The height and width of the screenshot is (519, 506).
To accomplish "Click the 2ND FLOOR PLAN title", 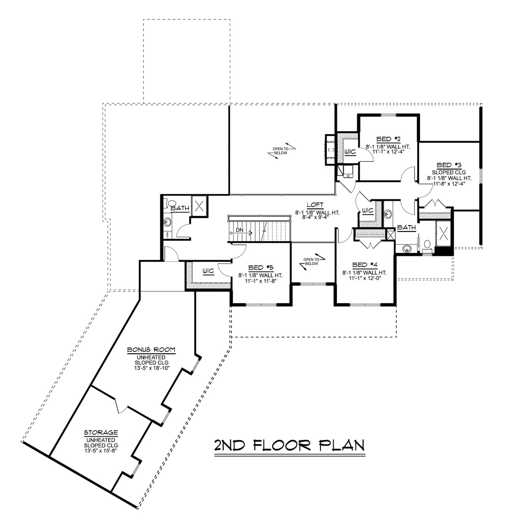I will coord(289,445).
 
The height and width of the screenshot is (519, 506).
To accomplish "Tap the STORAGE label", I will coord(101,433).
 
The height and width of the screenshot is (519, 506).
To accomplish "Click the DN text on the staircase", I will coord(239,231).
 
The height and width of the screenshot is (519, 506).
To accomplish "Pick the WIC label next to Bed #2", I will coord(350,151).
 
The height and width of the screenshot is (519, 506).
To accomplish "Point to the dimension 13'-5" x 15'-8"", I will coord(101,450).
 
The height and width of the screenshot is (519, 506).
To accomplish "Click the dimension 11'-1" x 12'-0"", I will coord(364,278).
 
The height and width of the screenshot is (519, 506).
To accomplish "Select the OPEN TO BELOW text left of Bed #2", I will coord(280,151).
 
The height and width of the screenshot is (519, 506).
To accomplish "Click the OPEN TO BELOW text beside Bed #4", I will coord(311,261).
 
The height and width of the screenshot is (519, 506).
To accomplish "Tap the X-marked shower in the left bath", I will coord(199,206).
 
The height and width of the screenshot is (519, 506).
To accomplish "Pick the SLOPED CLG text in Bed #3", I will coord(448,172).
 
